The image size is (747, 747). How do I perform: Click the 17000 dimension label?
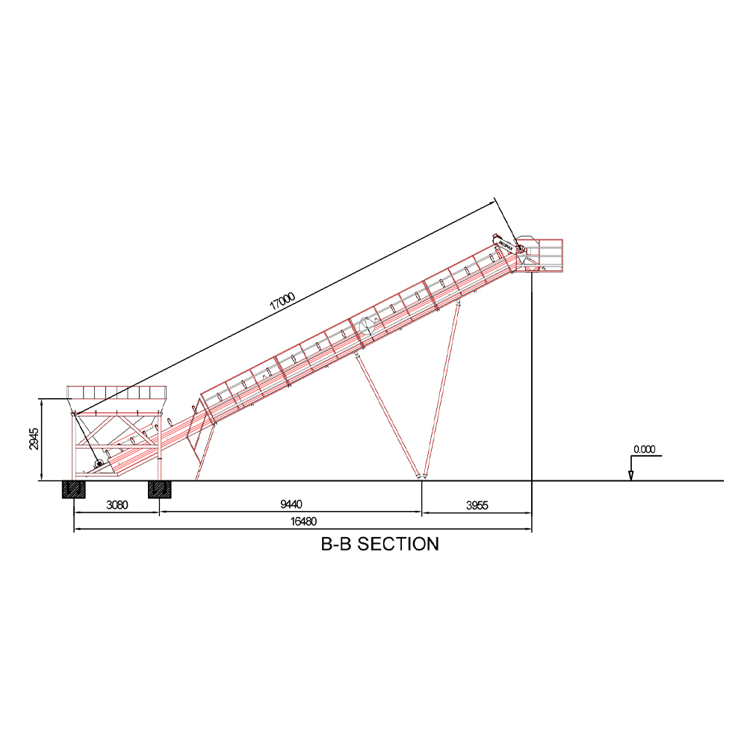tap(282, 301)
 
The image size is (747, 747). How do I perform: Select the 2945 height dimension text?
tap(34, 438)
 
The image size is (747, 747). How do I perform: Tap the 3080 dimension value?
tap(117, 505)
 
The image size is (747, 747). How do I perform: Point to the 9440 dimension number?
tap(291, 504)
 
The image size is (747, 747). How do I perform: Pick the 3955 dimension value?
tap(477, 506)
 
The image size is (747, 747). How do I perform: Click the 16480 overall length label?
tap(303, 521)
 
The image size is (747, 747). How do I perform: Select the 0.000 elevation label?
tap(644, 449)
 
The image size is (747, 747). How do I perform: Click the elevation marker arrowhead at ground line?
tap(630, 475)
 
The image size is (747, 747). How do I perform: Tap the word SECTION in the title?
tap(398, 544)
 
